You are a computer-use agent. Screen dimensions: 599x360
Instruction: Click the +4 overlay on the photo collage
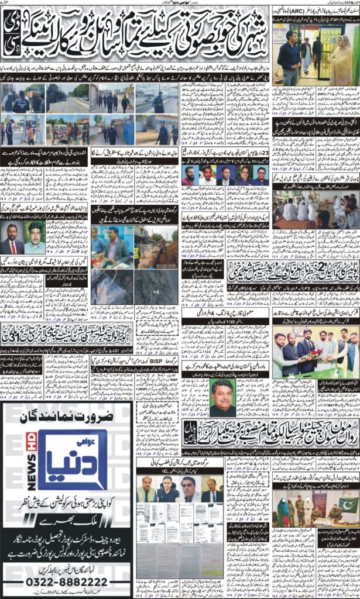pos(156,291)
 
